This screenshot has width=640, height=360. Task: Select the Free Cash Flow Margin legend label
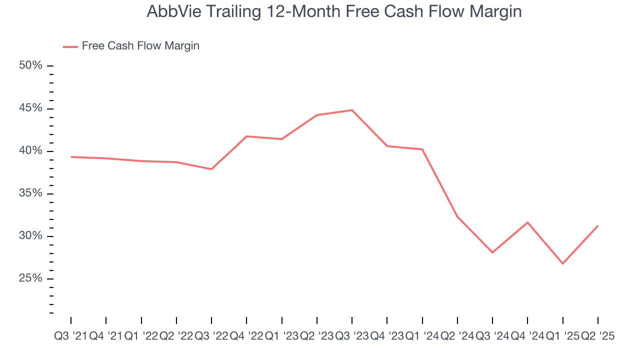[x=140, y=46]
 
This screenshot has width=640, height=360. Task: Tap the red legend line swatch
[x=70, y=46]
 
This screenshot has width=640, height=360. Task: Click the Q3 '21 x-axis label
[x=70, y=336]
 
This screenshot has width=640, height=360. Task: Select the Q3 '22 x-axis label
[x=211, y=336]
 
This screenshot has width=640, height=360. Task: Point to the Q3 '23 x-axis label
[x=352, y=336]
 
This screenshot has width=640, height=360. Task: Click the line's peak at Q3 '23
[x=352, y=110]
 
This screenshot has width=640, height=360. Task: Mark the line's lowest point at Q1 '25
[x=563, y=263]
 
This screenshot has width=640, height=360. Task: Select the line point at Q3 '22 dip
[x=211, y=169]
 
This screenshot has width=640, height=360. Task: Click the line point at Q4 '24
[x=527, y=222]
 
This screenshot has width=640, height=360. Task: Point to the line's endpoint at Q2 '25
[x=598, y=226]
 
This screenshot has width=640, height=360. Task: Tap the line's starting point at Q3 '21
[x=71, y=157]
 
